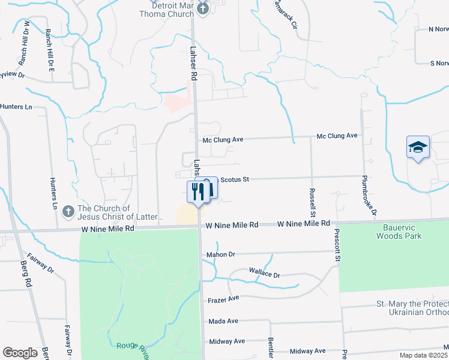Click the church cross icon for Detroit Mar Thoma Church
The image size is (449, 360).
point(203,8)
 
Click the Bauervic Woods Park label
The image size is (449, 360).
point(399,232)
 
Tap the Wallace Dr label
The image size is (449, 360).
point(265,274)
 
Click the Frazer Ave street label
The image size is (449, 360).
point(224,298)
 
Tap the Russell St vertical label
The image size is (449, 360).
point(312,202)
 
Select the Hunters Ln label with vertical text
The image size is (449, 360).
point(53,196)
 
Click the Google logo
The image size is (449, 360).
point(20,353)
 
